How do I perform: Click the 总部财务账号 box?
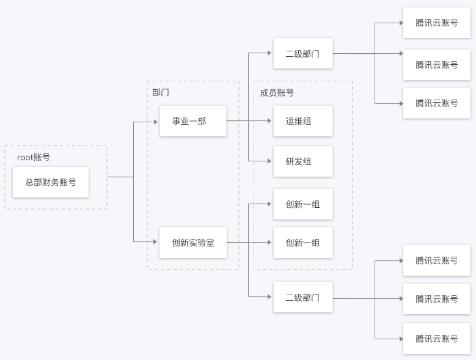[x=51, y=182]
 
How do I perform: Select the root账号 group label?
[x=34, y=157]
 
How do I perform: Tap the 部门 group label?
[x=161, y=92]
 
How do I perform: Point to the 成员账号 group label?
[x=277, y=92]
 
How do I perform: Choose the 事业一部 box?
[x=192, y=121]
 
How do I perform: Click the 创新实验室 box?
[x=192, y=243]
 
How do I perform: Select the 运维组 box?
[x=302, y=121]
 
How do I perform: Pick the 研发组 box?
[x=302, y=161]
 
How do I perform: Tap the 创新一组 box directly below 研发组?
[x=302, y=204]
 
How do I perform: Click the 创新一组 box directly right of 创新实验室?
[x=302, y=243]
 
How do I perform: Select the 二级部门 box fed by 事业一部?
[x=302, y=53]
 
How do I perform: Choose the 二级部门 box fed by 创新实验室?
[x=302, y=297]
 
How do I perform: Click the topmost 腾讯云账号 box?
[x=436, y=23]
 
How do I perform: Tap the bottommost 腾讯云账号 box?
[x=436, y=339]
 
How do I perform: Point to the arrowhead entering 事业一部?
[x=155, y=122]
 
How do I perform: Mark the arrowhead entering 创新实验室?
[x=155, y=243]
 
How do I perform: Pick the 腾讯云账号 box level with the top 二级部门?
[x=436, y=65]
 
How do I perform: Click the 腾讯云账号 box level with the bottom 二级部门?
[x=436, y=299]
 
